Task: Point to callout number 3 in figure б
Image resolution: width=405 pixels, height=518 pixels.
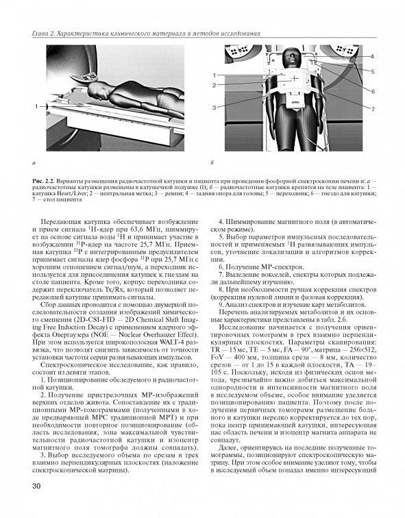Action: coord(214,108)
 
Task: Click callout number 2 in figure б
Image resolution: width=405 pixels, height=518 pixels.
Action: coord(214,85)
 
